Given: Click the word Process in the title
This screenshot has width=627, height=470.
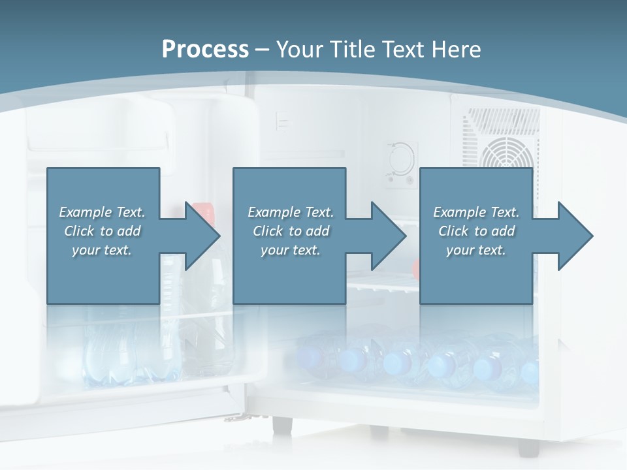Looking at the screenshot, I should click(205, 49).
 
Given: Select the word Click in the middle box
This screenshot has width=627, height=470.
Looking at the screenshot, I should click(267, 231).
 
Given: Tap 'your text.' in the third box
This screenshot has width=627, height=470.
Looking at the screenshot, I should click(476, 250).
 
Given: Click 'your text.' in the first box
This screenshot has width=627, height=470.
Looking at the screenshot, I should click(102, 250).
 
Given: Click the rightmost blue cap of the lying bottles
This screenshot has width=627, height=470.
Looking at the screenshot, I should click(529, 369).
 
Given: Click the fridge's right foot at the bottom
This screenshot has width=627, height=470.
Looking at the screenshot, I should click(528, 446).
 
